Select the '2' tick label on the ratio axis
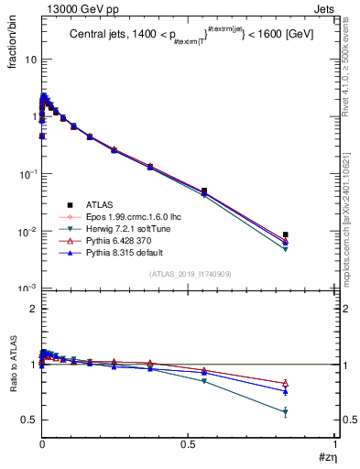[x=32, y=310]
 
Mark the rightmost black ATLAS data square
[x=286, y=235]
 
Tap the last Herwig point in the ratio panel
[x=286, y=412]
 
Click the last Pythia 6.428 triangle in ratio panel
[x=286, y=383]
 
